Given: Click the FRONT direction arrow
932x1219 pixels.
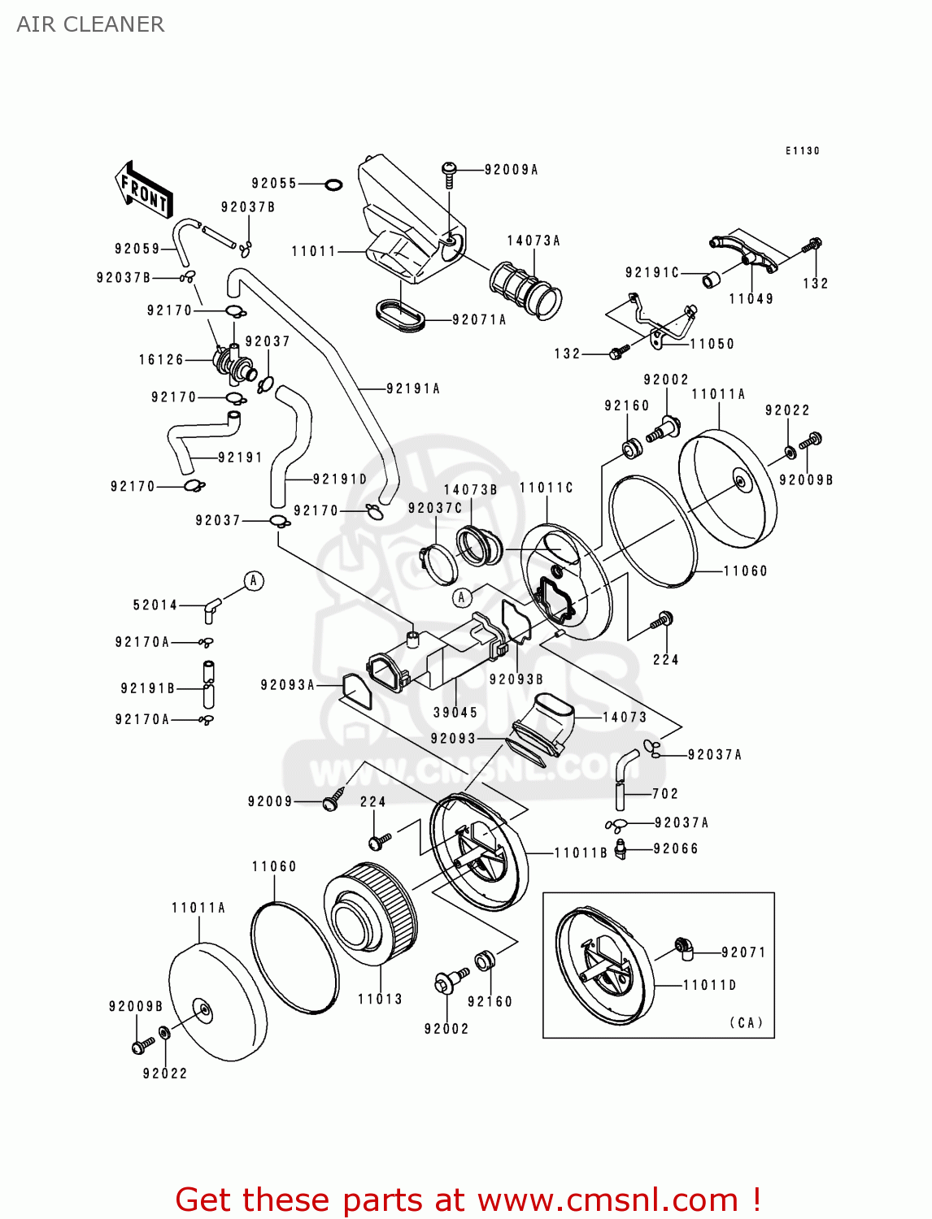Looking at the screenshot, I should [x=143, y=190].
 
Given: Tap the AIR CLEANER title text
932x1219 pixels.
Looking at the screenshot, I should [x=90, y=24].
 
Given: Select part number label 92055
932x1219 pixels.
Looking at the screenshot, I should [x=274, y=184].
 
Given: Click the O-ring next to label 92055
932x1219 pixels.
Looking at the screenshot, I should [x=333, y=184].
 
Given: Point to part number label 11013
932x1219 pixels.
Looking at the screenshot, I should [x=380, y=999].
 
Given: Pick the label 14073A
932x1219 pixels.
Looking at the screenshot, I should [x=534, y=241].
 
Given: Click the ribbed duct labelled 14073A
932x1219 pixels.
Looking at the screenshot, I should [x=525, y=288].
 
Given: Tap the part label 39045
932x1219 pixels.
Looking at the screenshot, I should [x=455, y=713].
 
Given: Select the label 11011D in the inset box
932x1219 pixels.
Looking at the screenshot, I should [x=709, y=985].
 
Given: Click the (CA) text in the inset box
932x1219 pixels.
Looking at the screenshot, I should [x=746, y=1022].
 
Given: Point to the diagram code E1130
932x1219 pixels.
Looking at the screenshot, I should [x=802, y=150].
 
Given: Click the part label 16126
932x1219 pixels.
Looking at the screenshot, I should [x=161, y=359].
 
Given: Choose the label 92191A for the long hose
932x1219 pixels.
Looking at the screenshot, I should [x=413, y=388].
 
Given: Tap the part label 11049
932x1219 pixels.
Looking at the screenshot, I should [x=751, y=299].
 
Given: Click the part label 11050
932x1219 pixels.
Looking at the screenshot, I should [x=712, y=344].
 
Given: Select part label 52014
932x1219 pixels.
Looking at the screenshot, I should [x=155, y=605].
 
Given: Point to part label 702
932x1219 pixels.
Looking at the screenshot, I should [x=664, y=793].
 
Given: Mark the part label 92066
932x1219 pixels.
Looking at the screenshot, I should [x=676, y=848].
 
